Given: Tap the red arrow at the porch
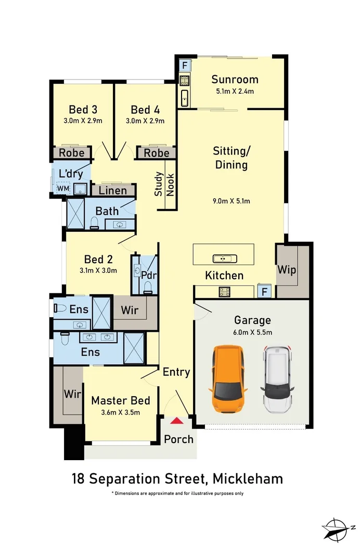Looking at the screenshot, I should click(x=177, y=421).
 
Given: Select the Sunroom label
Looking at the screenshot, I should click(x=235, y=80).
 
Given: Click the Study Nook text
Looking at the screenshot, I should click(x=164, y=184).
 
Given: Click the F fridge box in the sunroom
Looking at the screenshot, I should click(x=184, y=66).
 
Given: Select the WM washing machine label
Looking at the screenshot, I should click(x=62, y=188).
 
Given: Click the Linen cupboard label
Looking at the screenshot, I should click(x=113, y=190).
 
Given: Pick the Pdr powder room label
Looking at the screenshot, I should click(x=148, y=275).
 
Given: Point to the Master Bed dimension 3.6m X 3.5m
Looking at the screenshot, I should click(x=120, y=412).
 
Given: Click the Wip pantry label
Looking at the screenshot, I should click(x=286, y=270).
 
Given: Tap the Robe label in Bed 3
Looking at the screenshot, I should click(x=72, y=153).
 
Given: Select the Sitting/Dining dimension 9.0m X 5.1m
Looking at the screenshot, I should click(x=231, y=201).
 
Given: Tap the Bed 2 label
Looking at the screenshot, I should click(x=98, y=259).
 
